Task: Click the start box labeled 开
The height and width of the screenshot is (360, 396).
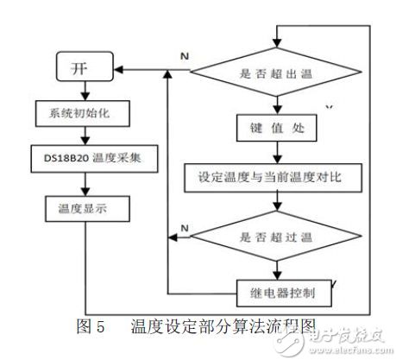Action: point(81,67)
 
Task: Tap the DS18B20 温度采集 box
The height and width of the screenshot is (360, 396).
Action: point(83,161)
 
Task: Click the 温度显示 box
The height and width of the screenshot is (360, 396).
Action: point(83,207)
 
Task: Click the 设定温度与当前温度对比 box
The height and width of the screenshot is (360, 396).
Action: point(275,179)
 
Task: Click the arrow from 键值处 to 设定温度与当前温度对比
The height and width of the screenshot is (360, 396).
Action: point(275,154)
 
